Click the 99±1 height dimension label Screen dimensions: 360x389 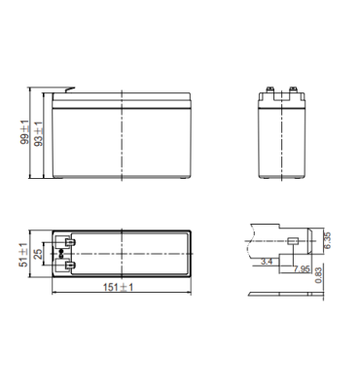(x=24, y=132)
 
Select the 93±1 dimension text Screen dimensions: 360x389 (x=38, y=133)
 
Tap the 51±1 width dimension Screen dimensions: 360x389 (x=23, y=255)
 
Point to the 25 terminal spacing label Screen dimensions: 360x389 (x=39, y=254)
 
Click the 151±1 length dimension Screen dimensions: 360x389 (x=118, y=287)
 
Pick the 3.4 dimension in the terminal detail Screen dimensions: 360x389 (x=267, y=262)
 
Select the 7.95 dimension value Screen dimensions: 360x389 (x=302, y=268)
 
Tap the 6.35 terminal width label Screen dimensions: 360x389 (x=327, y=240)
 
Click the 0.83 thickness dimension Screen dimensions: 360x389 (x=319, y=275)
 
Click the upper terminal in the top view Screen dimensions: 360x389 (x=70, y=242)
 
